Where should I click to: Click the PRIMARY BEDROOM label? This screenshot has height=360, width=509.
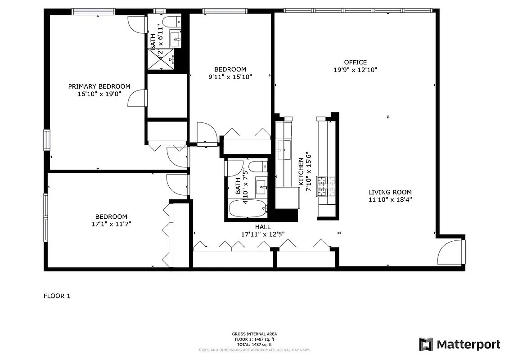(x=99, y=86)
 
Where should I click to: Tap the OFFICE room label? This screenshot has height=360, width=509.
(x=355, y=62)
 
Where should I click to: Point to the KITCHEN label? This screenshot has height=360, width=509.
(x=301, y=171)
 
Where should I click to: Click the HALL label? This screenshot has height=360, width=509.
(x=263, y=227)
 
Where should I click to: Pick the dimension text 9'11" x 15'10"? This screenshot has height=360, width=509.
(x=230, y=77)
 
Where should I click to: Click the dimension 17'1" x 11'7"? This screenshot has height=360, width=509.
(x=111, y=224)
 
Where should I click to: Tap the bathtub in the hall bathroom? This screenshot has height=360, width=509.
(x=248, y=209)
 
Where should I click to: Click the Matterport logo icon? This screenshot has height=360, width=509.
(x=426, y=345)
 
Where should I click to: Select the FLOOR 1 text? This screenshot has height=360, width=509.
(x=57, y=296)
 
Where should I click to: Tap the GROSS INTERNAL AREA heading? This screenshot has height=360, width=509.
(x=254, y=334)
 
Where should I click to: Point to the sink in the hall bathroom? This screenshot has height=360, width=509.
(x=261, y=185)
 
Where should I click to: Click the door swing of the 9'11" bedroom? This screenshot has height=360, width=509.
(x=207, y=133)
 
